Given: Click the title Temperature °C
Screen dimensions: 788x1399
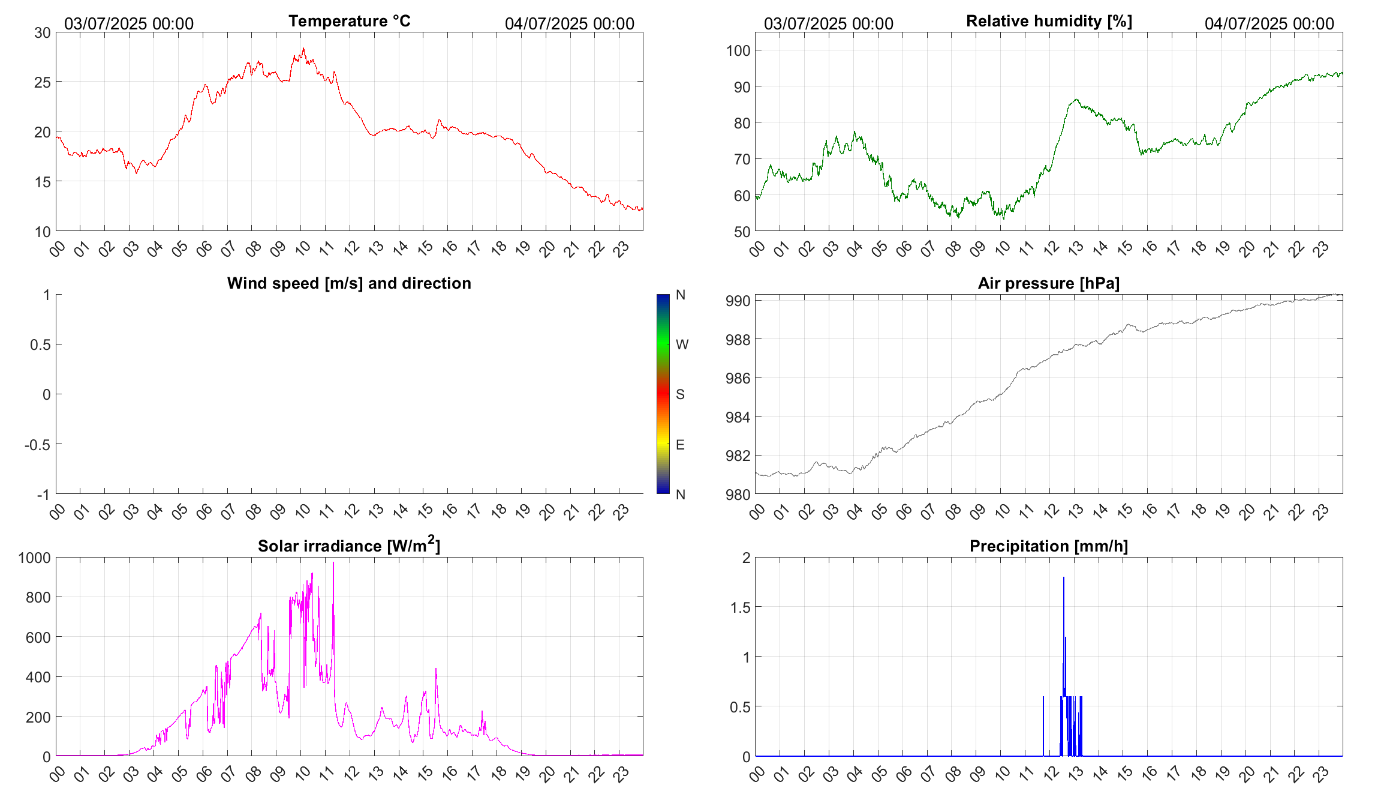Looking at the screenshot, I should [x=349, y=21].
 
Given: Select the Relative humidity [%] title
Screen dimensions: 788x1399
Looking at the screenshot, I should [x=1049, y=21].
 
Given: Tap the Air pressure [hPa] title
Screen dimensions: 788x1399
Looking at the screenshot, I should [x=1048, y=283].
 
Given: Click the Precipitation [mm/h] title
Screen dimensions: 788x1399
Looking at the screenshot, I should [x=1048, y=546].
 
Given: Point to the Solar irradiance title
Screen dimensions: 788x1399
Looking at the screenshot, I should [x=349, y=546].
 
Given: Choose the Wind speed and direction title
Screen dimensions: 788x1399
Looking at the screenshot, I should [x=349, y=283].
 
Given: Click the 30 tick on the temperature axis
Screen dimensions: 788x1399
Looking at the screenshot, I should [x=43, y=33].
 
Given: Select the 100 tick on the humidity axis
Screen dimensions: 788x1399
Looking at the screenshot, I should [x=738, y=51].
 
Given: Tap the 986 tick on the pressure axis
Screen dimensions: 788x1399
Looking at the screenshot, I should [x=738, y=378].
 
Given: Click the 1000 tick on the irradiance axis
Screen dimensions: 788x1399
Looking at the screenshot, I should [x=35, y=558].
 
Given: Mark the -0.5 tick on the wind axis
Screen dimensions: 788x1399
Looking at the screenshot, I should [x=37, y=445].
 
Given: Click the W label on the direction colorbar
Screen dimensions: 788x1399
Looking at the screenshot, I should [x=682, y=344].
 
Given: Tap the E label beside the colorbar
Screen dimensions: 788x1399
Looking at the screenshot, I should [x=680, y=445].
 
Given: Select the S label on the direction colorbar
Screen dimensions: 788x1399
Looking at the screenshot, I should [x=680, y=394].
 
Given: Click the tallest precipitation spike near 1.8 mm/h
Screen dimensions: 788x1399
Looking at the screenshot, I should [x=1064, y=579].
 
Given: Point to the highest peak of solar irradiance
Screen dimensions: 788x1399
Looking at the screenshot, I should [x=333, y=563].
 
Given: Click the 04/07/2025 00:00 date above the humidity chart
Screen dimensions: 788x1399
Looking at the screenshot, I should [x=1269, y=24].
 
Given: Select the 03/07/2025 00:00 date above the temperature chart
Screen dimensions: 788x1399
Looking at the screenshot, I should [x=129, y=24].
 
